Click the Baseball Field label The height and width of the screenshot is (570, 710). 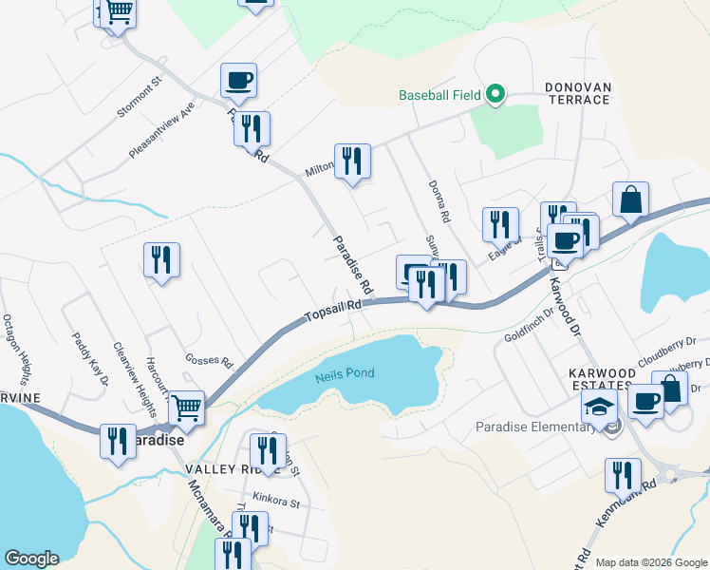[439, 95]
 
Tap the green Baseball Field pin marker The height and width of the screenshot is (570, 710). [495, 95]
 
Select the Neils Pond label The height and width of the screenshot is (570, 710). [345, 374]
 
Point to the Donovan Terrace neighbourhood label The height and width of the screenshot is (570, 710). [577, 93]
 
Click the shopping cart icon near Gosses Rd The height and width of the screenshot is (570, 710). [186, 408]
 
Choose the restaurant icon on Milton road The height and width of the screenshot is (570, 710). [352, 161]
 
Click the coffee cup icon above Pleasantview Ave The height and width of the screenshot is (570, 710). [238, 80]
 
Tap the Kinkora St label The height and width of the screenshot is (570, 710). [276, 499]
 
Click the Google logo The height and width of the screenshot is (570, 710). [31, 559]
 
